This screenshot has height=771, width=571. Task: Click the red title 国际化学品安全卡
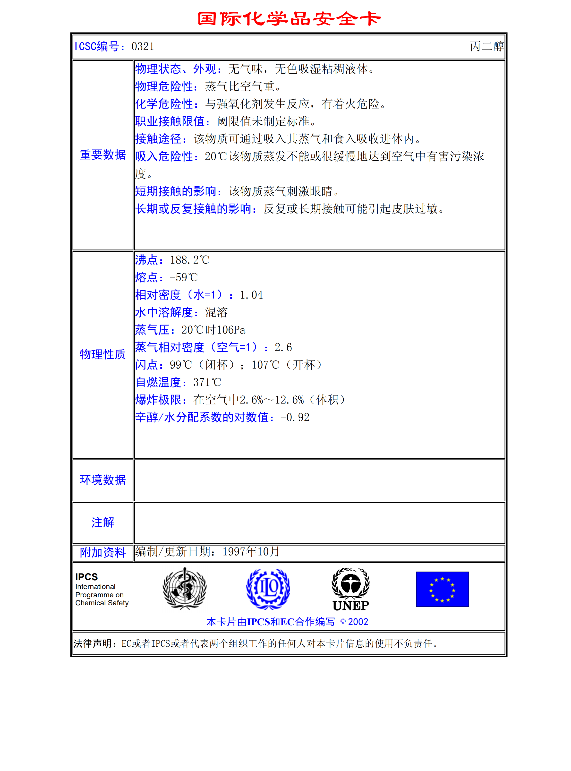(289, 19)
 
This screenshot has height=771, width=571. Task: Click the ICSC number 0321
(143, 46)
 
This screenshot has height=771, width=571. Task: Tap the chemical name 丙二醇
(487, 46)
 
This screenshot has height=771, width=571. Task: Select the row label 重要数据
(103, 155)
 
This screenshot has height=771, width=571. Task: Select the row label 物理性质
(103, 354)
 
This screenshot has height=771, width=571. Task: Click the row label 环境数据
(103, 480)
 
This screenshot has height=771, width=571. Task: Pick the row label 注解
(103, 523)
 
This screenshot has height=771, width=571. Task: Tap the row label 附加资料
(103, 552)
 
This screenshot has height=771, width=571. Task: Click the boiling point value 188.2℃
(190, 260)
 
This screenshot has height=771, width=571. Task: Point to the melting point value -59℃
(184, 277)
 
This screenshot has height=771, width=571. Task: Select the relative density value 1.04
(251, 295)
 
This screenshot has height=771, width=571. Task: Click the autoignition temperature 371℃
(207, 382)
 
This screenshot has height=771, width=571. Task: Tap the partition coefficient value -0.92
(295, 417)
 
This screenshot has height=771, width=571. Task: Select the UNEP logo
(350, 589)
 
